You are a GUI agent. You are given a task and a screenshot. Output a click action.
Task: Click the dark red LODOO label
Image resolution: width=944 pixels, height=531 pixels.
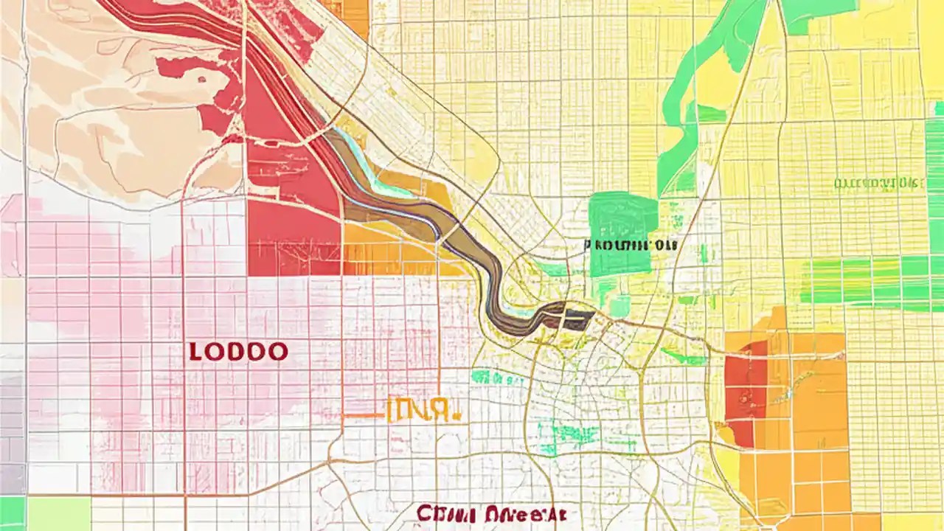point(238,351)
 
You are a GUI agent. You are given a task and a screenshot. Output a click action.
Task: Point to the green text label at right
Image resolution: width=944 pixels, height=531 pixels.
point(878,184)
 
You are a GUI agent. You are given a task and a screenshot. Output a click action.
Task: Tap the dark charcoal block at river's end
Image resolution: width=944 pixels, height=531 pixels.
point(577,319)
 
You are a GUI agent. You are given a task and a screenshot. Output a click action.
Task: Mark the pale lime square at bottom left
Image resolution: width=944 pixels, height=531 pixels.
point(59,513)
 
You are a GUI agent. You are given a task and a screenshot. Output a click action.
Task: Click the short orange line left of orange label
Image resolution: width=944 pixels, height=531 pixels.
point(363,415)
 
